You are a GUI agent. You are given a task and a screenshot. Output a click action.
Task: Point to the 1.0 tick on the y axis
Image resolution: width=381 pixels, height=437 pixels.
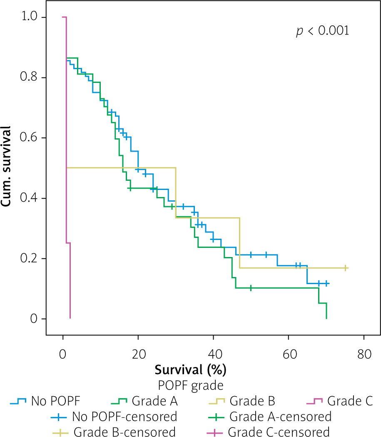32,17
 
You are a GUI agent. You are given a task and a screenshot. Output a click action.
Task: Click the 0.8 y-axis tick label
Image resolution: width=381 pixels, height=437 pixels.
32,77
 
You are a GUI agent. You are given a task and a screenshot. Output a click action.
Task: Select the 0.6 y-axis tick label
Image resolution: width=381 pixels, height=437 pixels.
32,138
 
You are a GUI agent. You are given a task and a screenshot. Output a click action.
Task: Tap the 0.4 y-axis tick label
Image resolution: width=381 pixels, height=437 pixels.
32,198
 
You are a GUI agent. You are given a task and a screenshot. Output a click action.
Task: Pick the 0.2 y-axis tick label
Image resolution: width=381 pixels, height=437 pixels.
32,259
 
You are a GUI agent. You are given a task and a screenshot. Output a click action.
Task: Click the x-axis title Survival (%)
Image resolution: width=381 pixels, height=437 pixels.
190,369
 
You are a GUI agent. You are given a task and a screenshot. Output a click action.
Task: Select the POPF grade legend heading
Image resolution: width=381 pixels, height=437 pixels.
190,385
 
